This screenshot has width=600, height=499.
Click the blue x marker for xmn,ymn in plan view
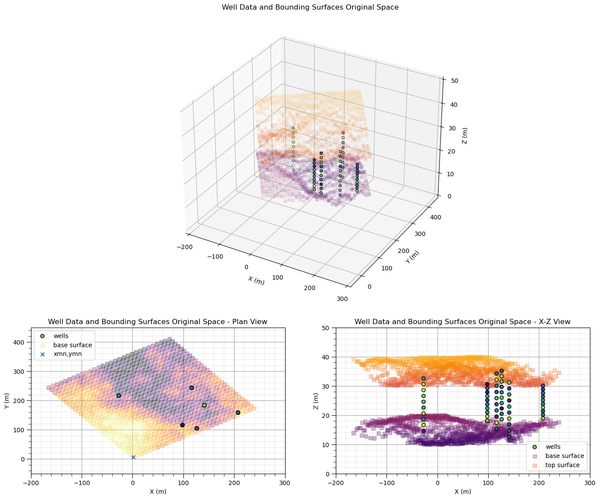133,457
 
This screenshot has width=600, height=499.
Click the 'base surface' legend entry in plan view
72,345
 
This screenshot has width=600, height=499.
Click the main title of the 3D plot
310,7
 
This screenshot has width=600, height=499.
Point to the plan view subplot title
158,322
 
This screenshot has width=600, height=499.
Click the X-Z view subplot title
462,322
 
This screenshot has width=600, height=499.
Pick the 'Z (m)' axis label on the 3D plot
465,136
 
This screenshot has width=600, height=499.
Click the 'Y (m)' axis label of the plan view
7,400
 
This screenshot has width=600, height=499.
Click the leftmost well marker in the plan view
118,396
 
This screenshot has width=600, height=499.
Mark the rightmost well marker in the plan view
238,413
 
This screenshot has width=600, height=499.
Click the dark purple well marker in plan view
182,425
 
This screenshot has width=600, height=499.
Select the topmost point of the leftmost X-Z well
423,379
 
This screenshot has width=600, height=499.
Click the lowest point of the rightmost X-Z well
543,418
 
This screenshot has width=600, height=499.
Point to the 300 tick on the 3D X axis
342,299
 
